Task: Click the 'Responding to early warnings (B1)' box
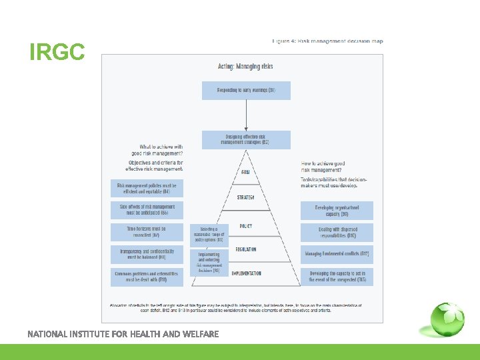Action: tap(246, 90)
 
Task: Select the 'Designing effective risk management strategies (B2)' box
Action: tap(246, 139)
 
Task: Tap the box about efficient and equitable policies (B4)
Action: tap(147, 187)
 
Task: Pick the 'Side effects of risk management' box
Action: tap(147, 210)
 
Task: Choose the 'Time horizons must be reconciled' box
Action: tap(147, 232)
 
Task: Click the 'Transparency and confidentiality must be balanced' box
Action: tap(147, 254)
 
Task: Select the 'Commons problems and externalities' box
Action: tap(147, 277)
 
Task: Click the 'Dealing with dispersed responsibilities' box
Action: tap(337, 233)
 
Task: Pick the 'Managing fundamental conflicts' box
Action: tap(337, 254)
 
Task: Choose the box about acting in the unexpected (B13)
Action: tap(337, 277)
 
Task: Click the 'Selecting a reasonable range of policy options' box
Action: tap(209, 235)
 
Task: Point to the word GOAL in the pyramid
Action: tap(246, 173)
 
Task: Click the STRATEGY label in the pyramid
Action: tap(246, 197)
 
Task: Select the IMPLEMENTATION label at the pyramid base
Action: tap(246, 273)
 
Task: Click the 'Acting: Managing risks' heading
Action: tap(245, 67)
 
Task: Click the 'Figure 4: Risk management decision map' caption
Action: tap(327, 41)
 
